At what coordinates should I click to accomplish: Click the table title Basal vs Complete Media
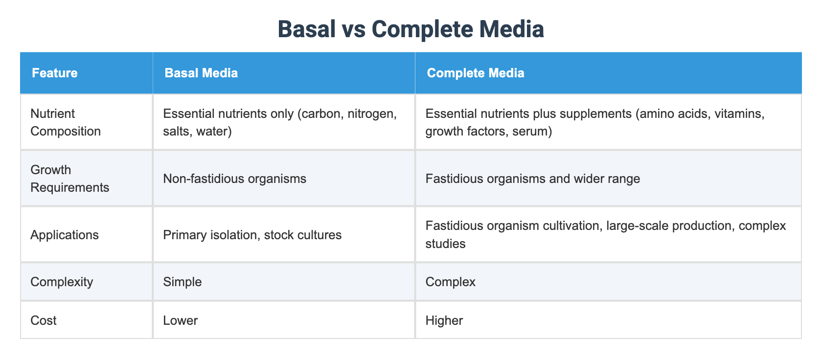pyautogui.click(x=411, y=29)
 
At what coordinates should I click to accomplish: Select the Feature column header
pyautogui.click(x=55, y=73)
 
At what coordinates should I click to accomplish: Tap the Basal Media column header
pyautogui.click(x=201, y=73)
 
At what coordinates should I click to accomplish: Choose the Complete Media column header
pyautogui.click(x=475, y=73)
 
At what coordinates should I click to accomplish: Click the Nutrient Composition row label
pyautogui.click(x=66, y=122)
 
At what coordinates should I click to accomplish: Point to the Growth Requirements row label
pyautogui.click(x=69, y=179)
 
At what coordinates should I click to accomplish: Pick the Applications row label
pyautogui.click(x=65, y=235)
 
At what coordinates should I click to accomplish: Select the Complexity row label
pyautogui.click(x=62, y=282)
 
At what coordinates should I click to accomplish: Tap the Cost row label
pyautogui.click(x=44, y=320)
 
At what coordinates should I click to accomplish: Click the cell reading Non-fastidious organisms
pyautogui.click(x=234, y=179)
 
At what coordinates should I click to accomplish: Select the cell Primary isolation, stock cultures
pyautogui.click(x=252, y=235)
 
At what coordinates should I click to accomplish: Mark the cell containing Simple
pyautogui.click(x=182, y=282)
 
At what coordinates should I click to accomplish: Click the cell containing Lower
pyautogui.click(x=180, y=320)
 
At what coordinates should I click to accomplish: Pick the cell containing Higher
pyautogui.click(x=444, y=320)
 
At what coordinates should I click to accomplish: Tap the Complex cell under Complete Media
pyautogui.click(x=450, y=282)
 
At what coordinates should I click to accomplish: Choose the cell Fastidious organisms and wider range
pyautogui.click(x=532, y=179)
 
